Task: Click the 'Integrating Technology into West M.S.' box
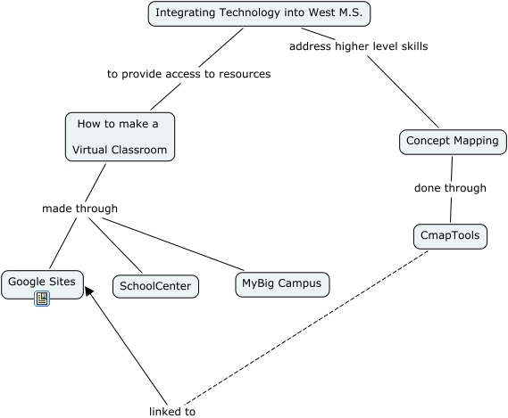259,13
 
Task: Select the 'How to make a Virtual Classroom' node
120,137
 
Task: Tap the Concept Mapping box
453,142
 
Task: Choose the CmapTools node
450,236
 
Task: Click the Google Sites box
42,284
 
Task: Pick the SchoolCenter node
155,286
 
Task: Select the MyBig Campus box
282,284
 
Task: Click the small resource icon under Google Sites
42,299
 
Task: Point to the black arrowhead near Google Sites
88,291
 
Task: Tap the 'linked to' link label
172,412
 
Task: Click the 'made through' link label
79,209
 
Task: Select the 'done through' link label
450,188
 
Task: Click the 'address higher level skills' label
358,46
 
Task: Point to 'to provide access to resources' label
189,74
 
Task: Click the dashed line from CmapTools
306,328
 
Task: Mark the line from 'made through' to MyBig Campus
173,244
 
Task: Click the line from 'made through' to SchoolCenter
116,246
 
